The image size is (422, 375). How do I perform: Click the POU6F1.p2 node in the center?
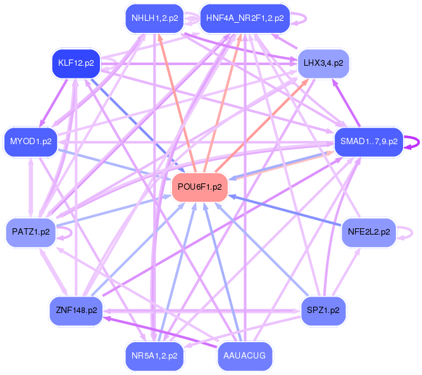click(x=199, y=187)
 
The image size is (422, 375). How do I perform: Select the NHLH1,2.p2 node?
click(x=154, y=18)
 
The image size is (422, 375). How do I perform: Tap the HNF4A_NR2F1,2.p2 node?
click(x=244, y=18)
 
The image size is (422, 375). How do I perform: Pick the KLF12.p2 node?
click(x=76, y=63)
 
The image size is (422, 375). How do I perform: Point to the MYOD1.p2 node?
click(x=31, y=140)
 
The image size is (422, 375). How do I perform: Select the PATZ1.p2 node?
click(x=31, y=232)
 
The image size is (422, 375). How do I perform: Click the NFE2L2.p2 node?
click(x=368, y=232)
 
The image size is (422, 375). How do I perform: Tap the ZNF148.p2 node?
click(x=76, y=310)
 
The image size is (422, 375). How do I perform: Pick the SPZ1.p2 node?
click(x=323, y=310)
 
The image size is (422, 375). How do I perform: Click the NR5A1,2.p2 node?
click(x=154, y=355)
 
